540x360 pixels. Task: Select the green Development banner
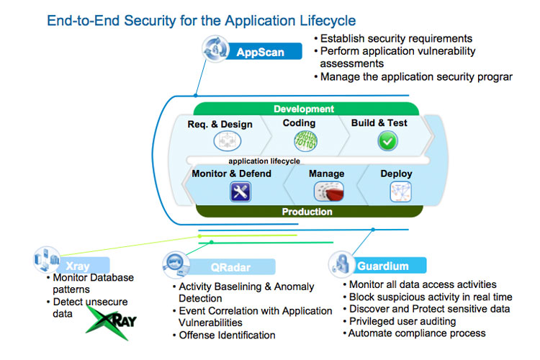click(x=304, y=109)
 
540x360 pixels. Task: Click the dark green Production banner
click(x=307, y=212)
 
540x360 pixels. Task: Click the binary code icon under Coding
click(x=305, y=140)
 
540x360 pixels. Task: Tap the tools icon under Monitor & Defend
click(x=240, y=192)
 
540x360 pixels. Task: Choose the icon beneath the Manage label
click(x=327, y=191)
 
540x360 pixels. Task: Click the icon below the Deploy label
click(x=400, y=192)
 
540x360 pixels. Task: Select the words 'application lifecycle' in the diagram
click(x=264, y=161)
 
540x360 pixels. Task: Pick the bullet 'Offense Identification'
click(x=227, y=335)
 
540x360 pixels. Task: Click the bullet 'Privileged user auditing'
click(x=402, y=321)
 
